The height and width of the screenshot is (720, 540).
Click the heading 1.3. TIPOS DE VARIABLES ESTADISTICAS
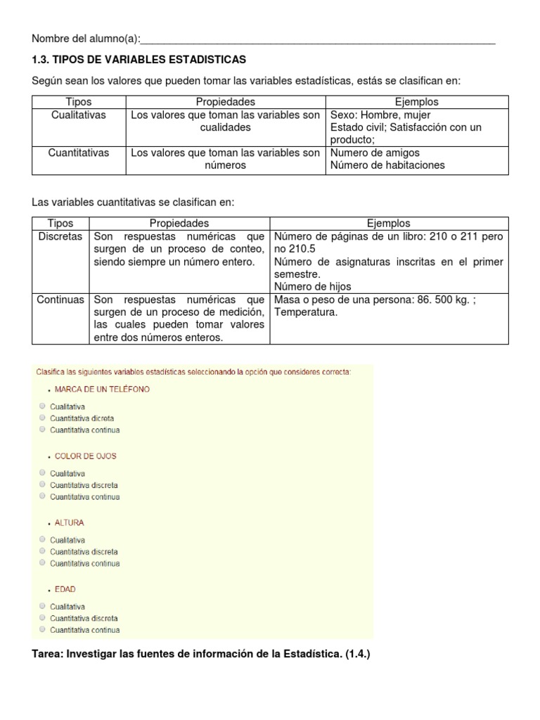pyautogui.click(x=139, y=60)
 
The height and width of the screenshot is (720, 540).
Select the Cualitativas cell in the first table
pyautogui.click(x=79, y=115)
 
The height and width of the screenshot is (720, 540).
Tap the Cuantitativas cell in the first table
pyautogui.click(x=79, y=153)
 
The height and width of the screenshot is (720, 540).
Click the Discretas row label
pyautogui.click(x=60, y=236)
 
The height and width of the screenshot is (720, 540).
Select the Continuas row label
pyautogui.click(x=60, y=300)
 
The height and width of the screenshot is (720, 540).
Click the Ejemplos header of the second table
pyautogui.click(x=389, y=224)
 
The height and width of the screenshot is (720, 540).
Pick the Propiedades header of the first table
pyautogui.click(x=225, y=102)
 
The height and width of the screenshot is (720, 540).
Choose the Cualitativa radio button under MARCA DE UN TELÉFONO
pyautogui.click(x=43, y=406)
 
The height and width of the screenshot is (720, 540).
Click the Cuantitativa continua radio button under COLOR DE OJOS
pyautogui.click(x=43, y=496)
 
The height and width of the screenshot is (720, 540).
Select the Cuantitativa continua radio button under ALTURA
pyautogui.click(x=43, y=562)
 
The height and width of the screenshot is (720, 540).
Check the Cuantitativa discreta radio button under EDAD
pyautogui.click(x=43, y=618)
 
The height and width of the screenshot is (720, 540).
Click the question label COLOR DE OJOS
pyautogui.click(x=85, y=456)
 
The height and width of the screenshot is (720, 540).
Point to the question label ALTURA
pyautogui.click(x=69, y=522)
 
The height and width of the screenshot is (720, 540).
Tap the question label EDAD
pyautogui.click(x=65, y=589)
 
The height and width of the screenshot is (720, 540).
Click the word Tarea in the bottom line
pyautogui.click(x=46, y=654)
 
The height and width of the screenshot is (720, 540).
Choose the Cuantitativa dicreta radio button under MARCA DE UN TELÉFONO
pyautogui.click(x=43, y=418)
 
